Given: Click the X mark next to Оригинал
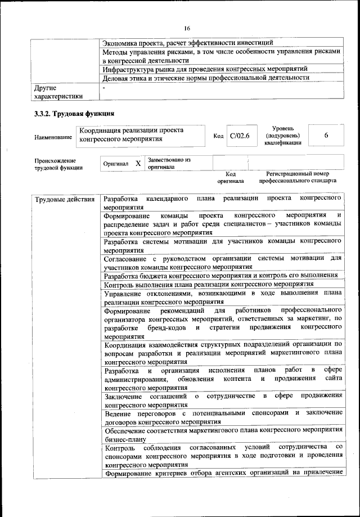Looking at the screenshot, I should pyautogui.click(x=138, y=163).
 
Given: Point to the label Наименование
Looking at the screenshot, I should pyautogui.click(x=53, y=137).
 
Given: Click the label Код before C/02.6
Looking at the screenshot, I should pyautogui.click(x=218, y=136).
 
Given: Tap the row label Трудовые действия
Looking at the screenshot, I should pyautogui.click(x=64, y=200).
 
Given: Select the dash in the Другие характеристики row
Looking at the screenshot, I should pyautogui.click(x=104, y=88).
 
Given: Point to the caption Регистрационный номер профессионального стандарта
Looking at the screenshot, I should pyautogui.click(x=298, y=178).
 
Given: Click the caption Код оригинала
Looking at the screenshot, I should pyautogui.click(x=231, y=178).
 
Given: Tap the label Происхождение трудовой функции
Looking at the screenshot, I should pyautogui.click(x=58, y=164).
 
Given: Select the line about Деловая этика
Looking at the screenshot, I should pyautogui.click(x=206, y=78).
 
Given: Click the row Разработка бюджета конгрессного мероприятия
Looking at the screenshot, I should pyautogui.click(x=220, y=275).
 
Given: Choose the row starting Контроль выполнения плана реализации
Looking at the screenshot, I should pyautogui.click(x=208, y=284).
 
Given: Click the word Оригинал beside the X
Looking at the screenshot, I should pyautogui.click(x=116, y=164).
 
